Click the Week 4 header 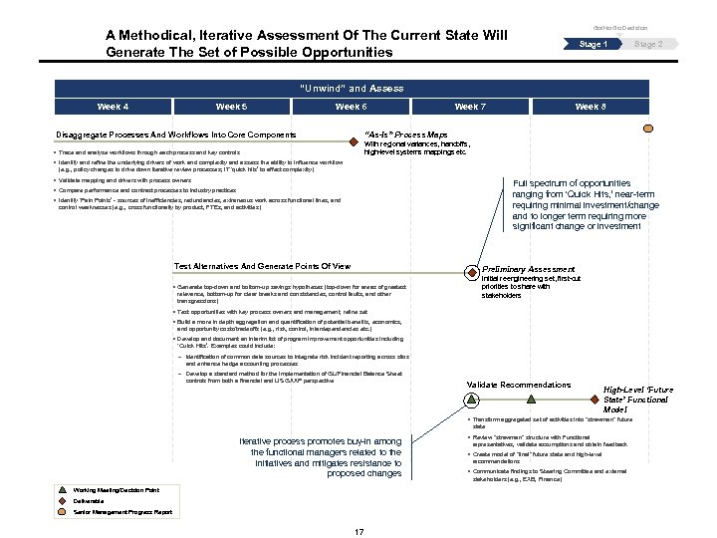point(113,107)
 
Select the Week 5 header point(231,107)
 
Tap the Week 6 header point(351,107)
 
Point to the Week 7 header point(470,107)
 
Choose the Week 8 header point(590,107)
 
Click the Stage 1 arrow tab point(593,45)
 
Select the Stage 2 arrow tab point(648,45)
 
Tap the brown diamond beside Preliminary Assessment point(471,270)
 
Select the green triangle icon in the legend point(64,490)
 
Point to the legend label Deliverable point(96,501)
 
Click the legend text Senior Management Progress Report point(123,512)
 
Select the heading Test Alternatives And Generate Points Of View point(262,267)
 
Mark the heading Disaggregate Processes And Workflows point(174,134)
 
